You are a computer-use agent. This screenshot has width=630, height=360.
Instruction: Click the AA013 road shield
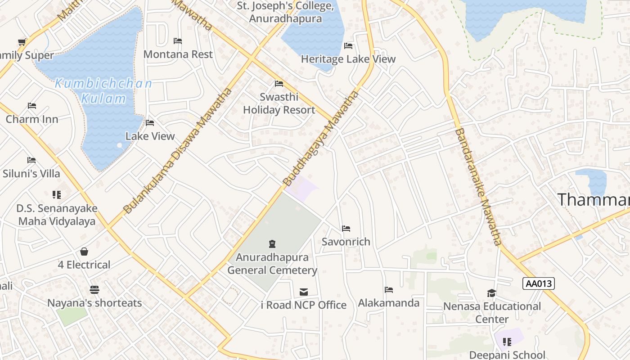point(539,283)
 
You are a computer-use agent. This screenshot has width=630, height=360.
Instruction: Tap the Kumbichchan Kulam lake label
point(103,91)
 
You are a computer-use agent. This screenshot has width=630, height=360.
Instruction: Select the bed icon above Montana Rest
point(178,41)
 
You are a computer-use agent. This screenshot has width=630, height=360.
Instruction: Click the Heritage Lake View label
point(348,59)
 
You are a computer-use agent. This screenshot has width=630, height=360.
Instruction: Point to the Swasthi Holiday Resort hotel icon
point(279,84)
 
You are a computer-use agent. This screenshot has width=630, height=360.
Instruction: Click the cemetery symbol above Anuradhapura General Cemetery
point(272,244)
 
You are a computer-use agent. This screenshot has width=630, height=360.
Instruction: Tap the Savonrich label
point(346,242)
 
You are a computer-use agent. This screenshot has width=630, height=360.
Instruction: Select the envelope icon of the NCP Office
point(304,292)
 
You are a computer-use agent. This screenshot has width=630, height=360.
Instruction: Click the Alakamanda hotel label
point(388,303)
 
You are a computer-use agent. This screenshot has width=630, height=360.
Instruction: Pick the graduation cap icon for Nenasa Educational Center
point(491,293)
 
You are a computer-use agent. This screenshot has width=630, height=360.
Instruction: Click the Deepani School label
point(507,355)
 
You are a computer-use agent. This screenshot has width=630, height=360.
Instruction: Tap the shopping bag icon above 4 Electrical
point(84,252)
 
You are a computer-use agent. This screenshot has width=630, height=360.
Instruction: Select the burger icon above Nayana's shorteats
point(94,289)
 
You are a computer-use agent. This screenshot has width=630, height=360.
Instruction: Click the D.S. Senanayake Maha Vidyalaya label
point(57,215)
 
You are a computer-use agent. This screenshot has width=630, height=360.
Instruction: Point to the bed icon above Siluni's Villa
point(31,160)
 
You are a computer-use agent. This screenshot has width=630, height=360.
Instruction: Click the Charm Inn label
point(31,119)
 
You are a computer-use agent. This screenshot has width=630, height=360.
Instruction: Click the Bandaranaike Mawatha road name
point(477,187)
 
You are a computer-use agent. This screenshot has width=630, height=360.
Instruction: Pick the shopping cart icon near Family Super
point(22,42)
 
